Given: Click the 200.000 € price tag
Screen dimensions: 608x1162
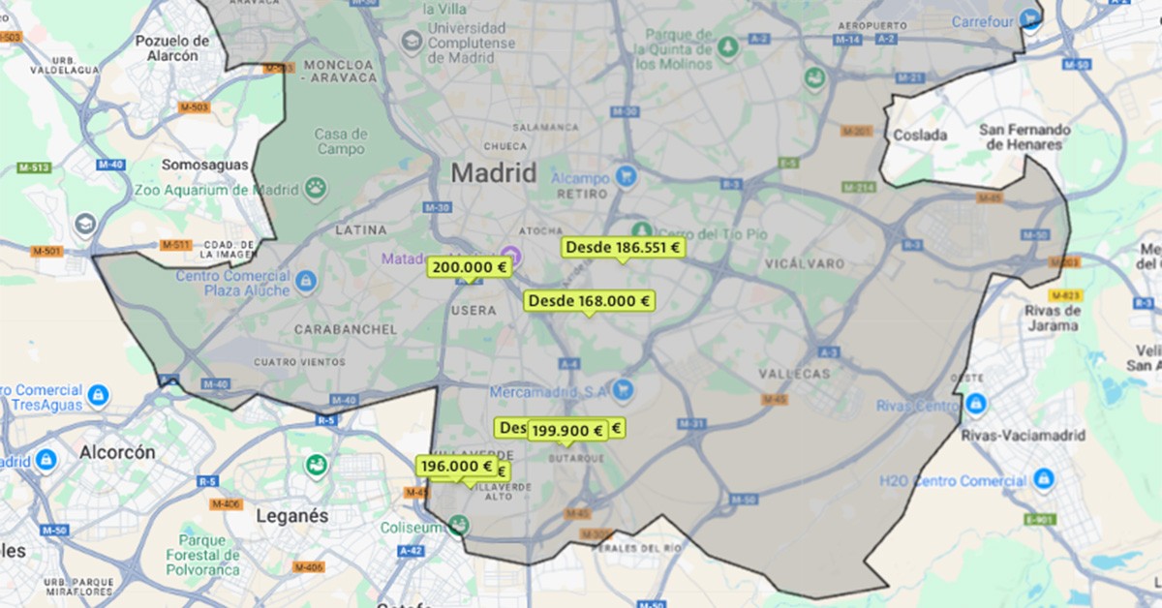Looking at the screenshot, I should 470,267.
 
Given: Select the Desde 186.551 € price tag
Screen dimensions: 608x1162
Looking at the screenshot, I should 624,248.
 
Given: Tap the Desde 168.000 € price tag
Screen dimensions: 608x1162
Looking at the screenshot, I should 589,301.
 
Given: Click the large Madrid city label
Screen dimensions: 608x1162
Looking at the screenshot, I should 494,174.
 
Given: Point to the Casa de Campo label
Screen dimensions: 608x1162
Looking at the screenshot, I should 340,141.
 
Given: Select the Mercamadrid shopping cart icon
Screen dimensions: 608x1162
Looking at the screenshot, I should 623,390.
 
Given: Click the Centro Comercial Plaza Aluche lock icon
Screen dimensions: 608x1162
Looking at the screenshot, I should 306,282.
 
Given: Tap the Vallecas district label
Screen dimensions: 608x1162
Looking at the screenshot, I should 795,373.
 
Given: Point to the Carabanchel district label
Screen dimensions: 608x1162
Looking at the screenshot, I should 345,329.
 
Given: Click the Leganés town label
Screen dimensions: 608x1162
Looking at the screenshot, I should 292,516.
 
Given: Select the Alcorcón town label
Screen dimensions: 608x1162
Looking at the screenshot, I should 117,452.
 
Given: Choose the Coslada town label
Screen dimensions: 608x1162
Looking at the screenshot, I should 920,135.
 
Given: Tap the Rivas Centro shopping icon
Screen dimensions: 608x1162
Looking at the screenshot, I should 975,403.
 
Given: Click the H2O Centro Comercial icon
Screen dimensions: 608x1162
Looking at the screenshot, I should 1043,478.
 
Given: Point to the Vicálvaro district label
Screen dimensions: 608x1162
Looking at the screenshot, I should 804,263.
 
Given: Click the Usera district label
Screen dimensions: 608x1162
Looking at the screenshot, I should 474,311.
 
